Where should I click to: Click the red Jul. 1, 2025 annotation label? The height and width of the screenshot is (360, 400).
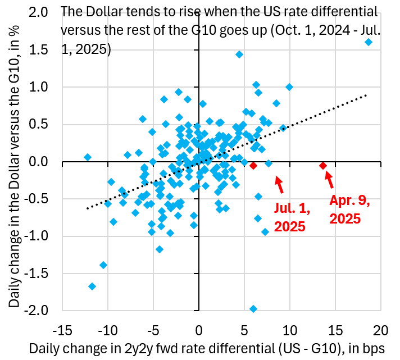click(290, 217)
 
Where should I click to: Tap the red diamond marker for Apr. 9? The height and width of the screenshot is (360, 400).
click(323, 166)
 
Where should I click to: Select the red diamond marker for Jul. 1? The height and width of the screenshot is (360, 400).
click(253, 166)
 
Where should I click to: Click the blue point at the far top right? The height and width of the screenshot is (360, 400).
click(369, 42)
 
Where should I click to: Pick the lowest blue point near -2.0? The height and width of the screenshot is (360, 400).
click(253, 309)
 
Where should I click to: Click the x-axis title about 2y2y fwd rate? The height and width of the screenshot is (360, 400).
click(208, 348)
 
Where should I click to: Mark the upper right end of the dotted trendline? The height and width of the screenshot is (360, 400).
click(367, 95)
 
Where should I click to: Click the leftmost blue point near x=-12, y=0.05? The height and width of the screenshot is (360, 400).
click(87, 157)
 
